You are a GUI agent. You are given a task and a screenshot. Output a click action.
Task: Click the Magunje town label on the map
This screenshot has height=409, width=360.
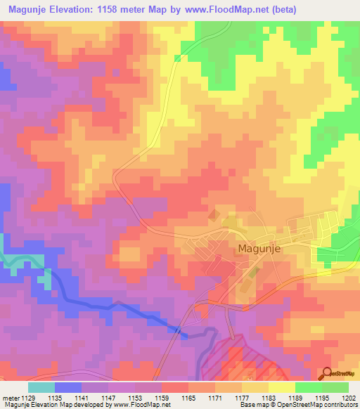pos(264,249)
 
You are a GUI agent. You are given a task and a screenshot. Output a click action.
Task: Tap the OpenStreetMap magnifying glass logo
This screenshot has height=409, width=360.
pos(326,375)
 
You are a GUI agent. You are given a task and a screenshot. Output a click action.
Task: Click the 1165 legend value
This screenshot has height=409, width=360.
pos(188,397)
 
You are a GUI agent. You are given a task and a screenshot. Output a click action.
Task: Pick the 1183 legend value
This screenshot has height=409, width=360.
pos(268,397)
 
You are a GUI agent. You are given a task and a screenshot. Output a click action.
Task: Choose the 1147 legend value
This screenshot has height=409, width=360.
pos(108,397)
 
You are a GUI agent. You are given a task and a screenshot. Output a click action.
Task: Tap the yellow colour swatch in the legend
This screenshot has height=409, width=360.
pos(281,387)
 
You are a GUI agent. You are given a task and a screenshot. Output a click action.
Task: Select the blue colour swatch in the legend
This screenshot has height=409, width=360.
pos(68,387)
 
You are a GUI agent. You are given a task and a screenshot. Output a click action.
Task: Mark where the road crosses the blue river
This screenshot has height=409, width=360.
pos(178,330)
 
